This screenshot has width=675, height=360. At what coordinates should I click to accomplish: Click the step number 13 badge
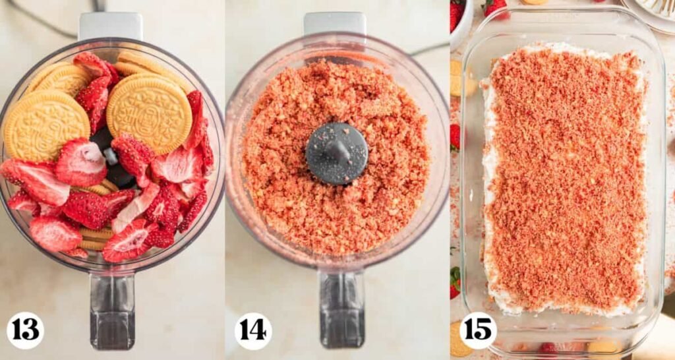[25, 330]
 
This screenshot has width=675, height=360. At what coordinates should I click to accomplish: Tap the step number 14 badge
[253, 330]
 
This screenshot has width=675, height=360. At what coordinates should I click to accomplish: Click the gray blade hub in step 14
[336, 153]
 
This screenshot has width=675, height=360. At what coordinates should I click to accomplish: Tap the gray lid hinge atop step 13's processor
[110, 26]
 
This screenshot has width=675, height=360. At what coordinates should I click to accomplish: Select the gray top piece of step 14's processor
[336, 24]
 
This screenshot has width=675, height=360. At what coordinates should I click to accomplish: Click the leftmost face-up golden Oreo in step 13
[46, 125]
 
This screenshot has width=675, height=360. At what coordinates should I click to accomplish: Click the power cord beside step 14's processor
[428, 48]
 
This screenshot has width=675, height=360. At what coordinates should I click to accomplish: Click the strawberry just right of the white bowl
[495, 7]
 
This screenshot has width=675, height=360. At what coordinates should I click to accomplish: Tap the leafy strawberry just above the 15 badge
[455, 282]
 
